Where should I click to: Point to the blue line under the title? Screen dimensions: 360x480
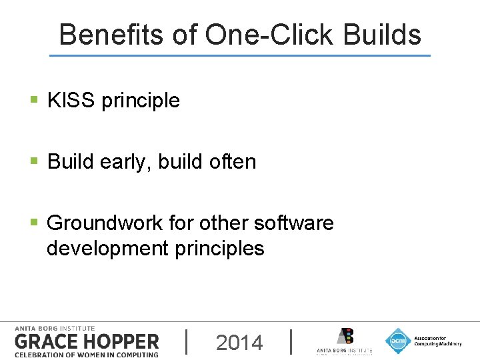[240, 55]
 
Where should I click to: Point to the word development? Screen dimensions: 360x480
[107, 249]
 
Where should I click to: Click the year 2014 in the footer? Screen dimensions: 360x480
[239, 343]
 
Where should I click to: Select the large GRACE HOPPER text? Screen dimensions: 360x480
[87, 341]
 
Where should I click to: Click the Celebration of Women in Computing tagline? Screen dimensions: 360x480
[87, 354]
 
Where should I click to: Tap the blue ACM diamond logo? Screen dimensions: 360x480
[398, 341]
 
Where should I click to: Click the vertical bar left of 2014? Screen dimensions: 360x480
[186, 341]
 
